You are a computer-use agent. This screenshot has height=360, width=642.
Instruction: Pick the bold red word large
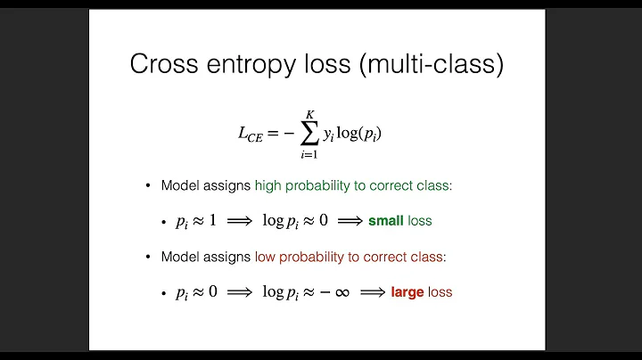[x=407, y=291]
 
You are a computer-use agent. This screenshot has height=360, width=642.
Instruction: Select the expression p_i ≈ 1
[x=196, y=221]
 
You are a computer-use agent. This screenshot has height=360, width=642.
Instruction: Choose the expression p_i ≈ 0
[x=196, y=291]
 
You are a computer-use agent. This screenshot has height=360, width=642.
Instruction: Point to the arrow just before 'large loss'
[x=372, y=291]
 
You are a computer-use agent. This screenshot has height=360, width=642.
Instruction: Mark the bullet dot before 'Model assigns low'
[x=149, y=257]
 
